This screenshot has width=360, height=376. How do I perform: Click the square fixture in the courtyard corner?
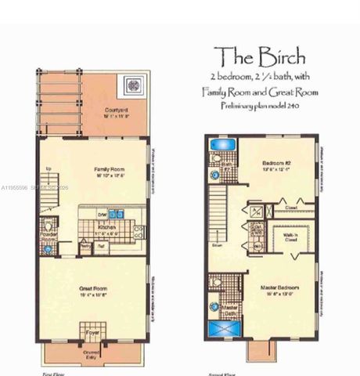click(x=132, y=83)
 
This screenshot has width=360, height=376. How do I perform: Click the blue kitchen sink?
click(x=118, y=214)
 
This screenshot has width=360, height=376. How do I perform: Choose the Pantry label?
click(x=87, y=245)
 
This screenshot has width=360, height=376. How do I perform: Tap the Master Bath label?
click(x=230, y=311)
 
